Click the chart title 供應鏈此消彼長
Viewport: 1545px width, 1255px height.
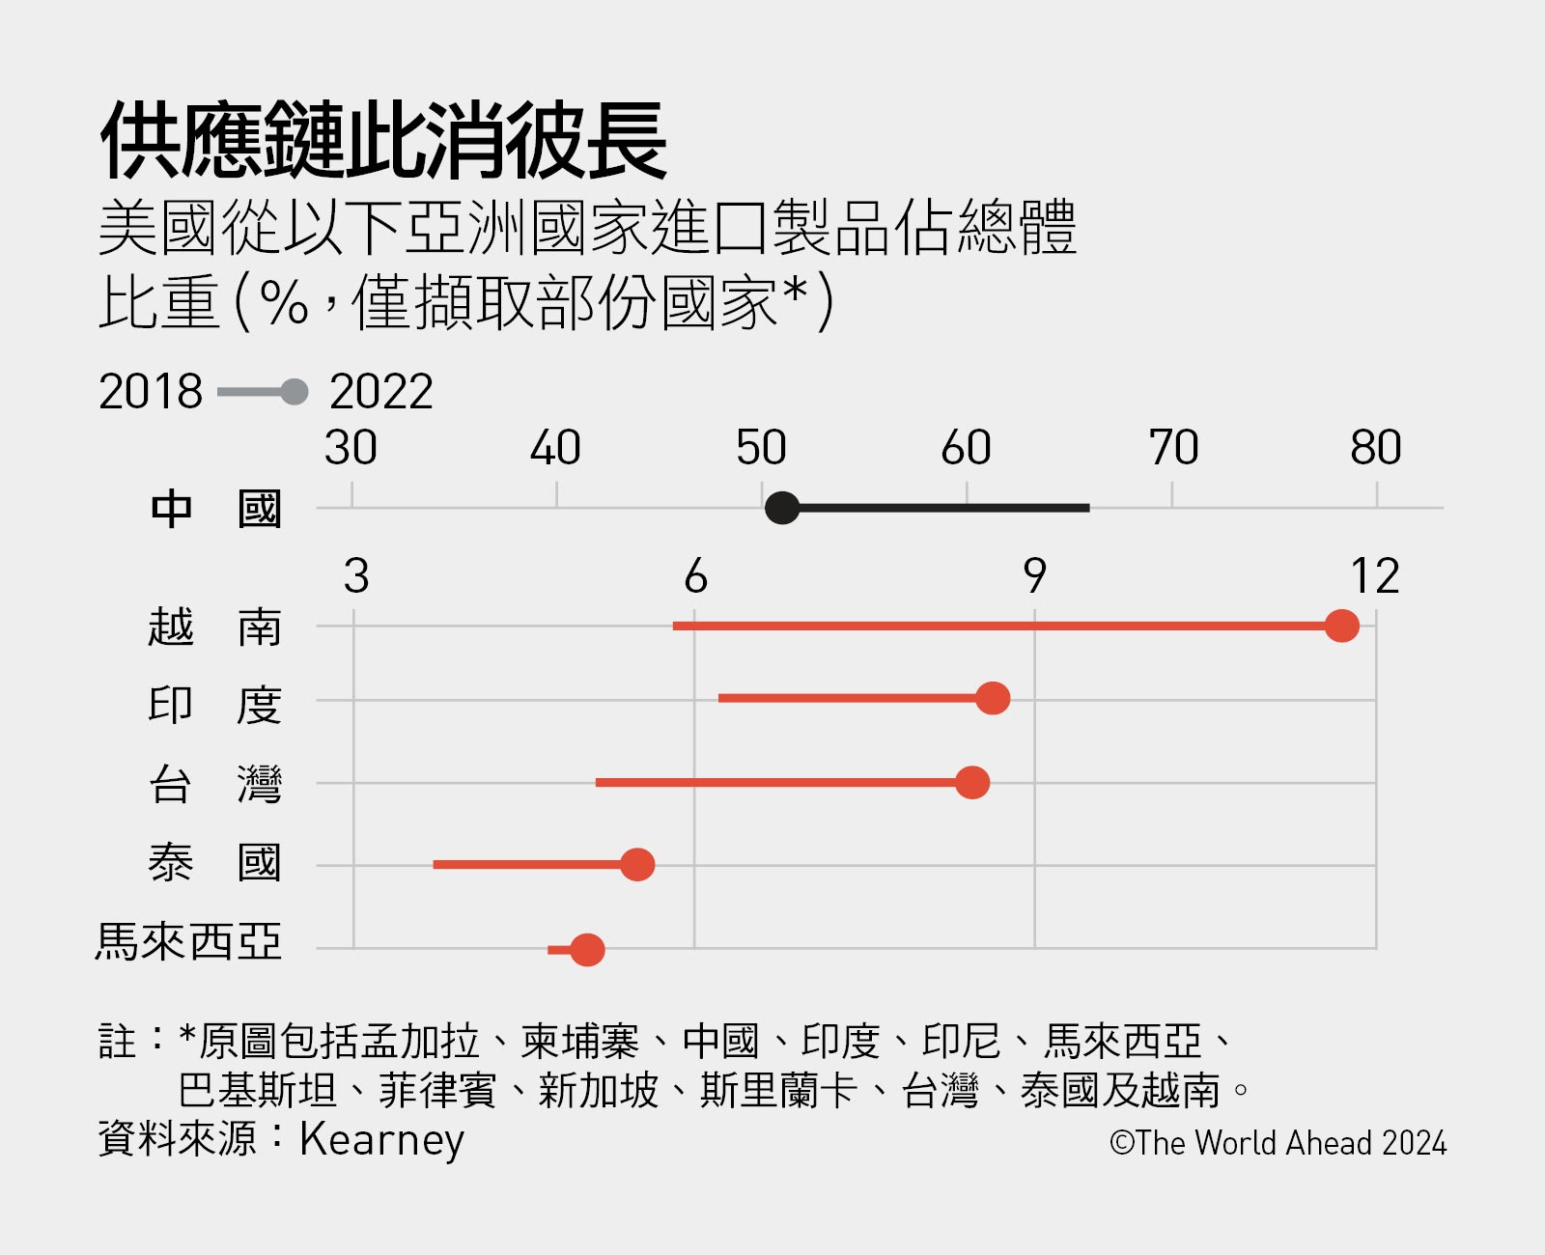tap(383, 142)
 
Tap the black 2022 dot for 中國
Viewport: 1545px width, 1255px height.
tap(782, 507)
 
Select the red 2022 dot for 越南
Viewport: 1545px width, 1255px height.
tap(1341, 626)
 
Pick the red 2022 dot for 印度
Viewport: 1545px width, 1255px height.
tap(993, 698)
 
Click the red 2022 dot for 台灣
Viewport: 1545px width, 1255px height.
tap(972, 782)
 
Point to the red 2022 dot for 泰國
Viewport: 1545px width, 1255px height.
tap(637, 865)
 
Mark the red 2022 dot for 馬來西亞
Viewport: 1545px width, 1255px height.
tap(587, 950)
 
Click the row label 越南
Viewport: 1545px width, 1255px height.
tap(214, 627)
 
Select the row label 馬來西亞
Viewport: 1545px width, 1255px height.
tap(188, 942)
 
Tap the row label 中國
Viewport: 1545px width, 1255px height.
tap(214, 509)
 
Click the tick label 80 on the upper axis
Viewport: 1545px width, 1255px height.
tap(1375, 448)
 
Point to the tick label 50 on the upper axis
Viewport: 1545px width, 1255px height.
tap(761, 448)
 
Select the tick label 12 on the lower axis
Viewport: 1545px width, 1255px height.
tap(1374, 576)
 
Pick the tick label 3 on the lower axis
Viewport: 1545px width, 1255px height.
tap(356, 576)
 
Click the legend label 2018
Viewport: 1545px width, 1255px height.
tap(151, 392)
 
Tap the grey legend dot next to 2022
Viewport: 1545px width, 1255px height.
tap(295, 392)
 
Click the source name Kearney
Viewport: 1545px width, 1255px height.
tap(381, 1139)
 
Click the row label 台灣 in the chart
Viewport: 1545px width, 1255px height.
tap(214, 784)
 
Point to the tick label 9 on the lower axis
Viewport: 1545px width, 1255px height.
tap(1034, 576)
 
